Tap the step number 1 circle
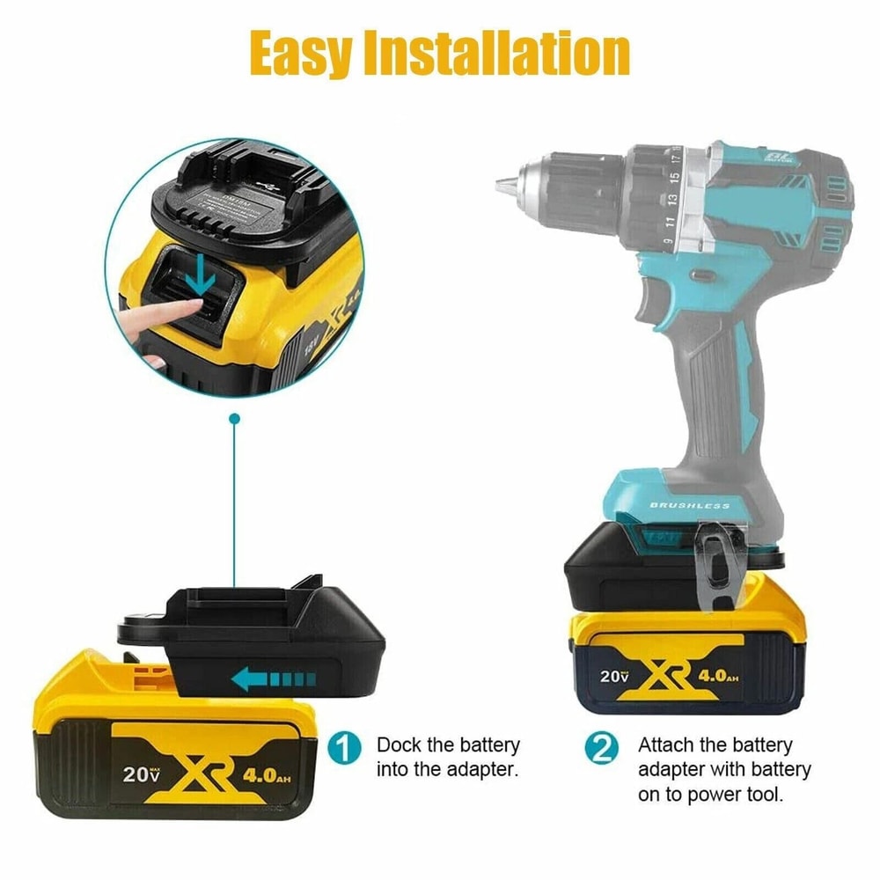click(x=344, y=748)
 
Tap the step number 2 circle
click(x=601, y=748)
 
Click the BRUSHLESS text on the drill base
click(x=689, y=505)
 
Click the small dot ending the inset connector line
click(x=234, y=420)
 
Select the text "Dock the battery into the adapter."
click(x=448, y=757)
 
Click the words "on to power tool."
click(x=710, y=794)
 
